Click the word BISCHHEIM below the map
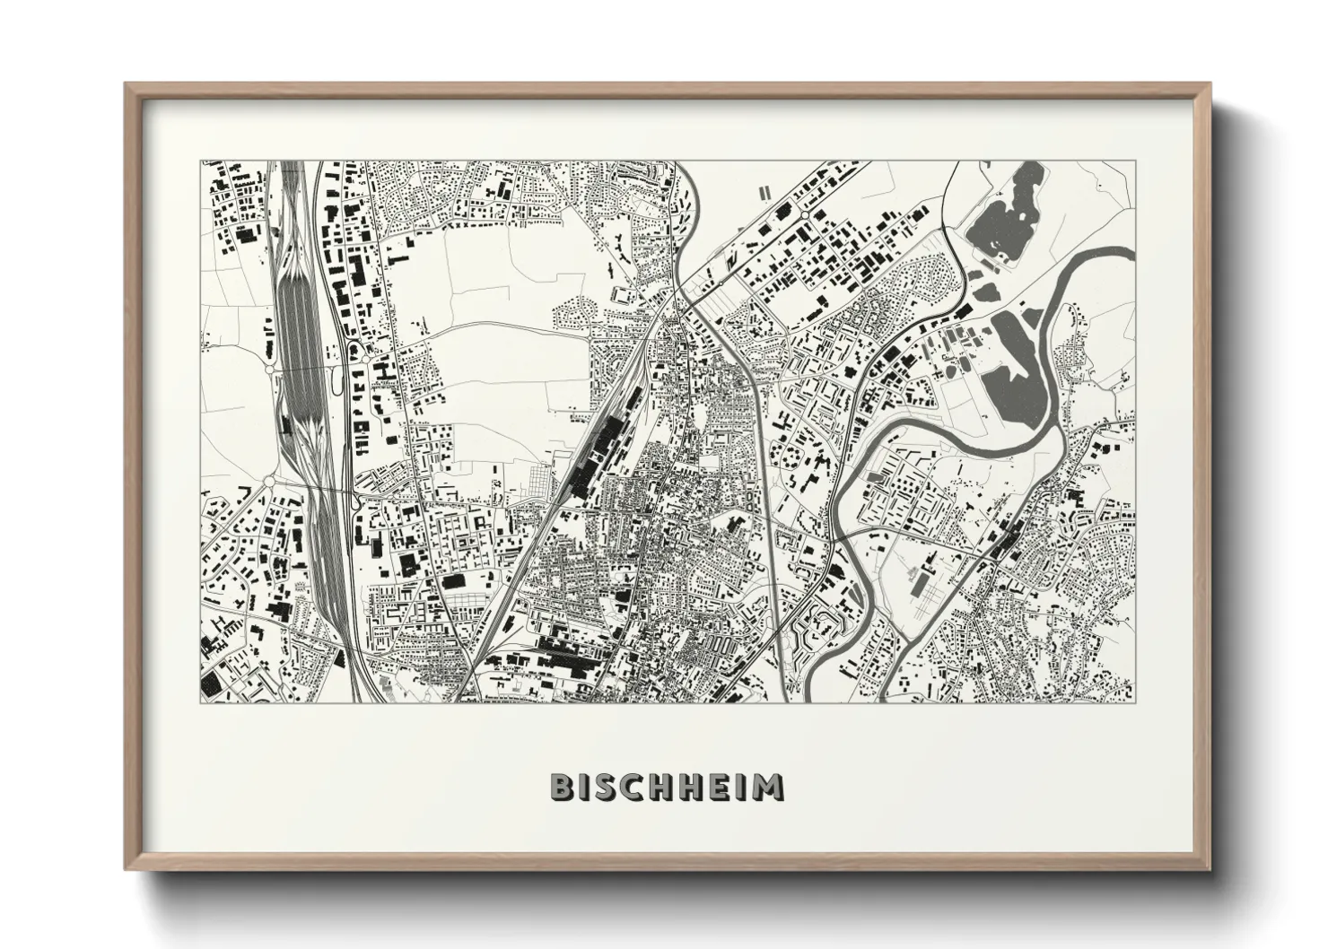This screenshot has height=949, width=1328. coord(667,787)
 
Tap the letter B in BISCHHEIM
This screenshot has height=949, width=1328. coord(562,787)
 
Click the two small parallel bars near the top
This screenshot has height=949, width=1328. coord(764,192)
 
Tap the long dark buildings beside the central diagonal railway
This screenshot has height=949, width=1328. coord(588,457)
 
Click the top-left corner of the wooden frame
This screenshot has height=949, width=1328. coord(127,84)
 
